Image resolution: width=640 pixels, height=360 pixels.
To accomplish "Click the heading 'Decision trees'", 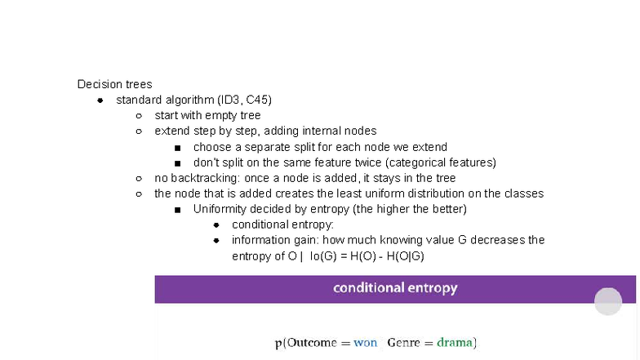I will pyautogui.click(x=114, y=84).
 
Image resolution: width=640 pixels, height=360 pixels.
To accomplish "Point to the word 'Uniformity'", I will pyautogui.click(x=220, y=209).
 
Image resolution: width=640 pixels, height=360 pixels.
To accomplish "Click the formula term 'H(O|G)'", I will pyautogui.click(x=406, y=256).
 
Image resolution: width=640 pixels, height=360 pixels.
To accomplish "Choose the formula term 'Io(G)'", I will pyautogui.click(x=323, y=256).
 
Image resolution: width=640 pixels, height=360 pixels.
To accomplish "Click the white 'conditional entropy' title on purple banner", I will pyautogui.click(x=395, y=288).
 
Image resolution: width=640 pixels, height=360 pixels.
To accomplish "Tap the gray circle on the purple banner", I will pyautogui.click(x=607, y=301).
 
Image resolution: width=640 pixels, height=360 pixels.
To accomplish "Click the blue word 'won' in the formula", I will pyautogui.click(x=365, y=343).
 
